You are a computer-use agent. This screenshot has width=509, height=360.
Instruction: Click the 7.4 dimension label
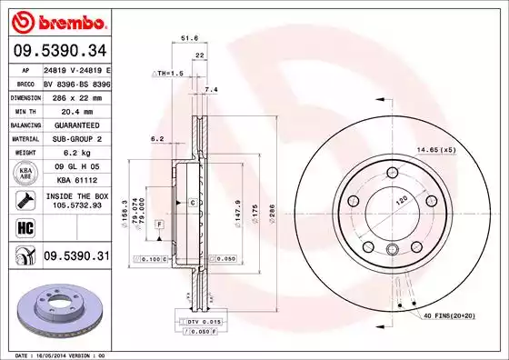[212, 90]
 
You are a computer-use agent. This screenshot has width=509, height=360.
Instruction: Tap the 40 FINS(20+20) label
[455, 315]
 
